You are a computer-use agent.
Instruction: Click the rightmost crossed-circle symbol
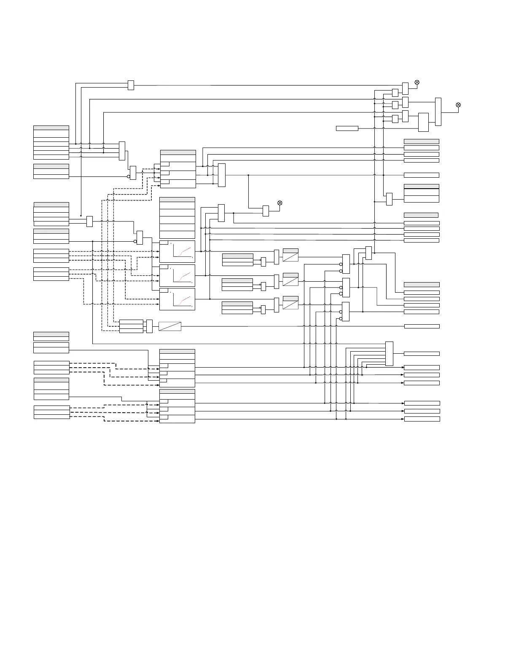[458, 105]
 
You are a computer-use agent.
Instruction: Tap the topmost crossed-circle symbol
[417, 82]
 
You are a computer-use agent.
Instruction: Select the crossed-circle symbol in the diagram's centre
[279, 203]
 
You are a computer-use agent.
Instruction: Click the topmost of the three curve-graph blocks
[177, 251]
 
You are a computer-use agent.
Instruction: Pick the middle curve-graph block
[177, 275]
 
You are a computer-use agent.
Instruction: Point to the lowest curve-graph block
[177, 299]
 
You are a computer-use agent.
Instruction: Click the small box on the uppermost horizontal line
[131, 85]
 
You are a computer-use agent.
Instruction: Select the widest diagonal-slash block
[170, 326]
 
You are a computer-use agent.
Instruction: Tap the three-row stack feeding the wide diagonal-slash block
[131, 326]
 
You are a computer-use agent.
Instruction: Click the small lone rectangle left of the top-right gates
[347, 128]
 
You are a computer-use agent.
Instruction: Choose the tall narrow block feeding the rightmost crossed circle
[438, 112]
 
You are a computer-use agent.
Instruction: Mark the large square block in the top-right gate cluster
[423, 122]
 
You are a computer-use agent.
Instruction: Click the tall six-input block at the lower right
[389, 354]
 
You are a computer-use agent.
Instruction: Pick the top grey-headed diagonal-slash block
[290, 255]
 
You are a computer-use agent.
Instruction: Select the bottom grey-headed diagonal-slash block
[290, 303]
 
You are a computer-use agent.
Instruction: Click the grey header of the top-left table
[51, 128]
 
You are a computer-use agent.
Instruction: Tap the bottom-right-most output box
[422, 419]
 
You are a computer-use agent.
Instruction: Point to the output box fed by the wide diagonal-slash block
[422, 326]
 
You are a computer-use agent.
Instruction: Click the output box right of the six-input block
[422, 354]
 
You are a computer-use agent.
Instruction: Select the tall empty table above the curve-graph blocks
[177, 218]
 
